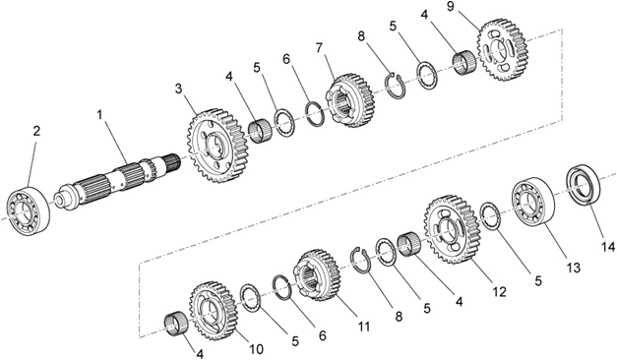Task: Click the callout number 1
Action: tap(100, 115)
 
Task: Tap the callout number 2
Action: tap(36, 131)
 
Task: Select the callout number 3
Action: tap(179, 89)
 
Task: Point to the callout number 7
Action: tap(319, 48)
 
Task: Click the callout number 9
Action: tap(451, 7)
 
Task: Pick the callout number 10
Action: tap(256, 349)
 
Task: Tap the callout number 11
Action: tap(364, 327)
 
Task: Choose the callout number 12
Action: tap(499, 292)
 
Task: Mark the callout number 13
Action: tap(574, 268)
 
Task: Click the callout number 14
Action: tap(608, 247)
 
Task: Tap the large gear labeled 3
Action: tap(218, 146)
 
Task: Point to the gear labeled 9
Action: tap(502, 50)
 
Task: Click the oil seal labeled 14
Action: tap(584, 185)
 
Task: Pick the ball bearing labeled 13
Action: tap(533, 201)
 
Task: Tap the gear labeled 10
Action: tap(214, 311)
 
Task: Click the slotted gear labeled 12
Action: tap(453, 229)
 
